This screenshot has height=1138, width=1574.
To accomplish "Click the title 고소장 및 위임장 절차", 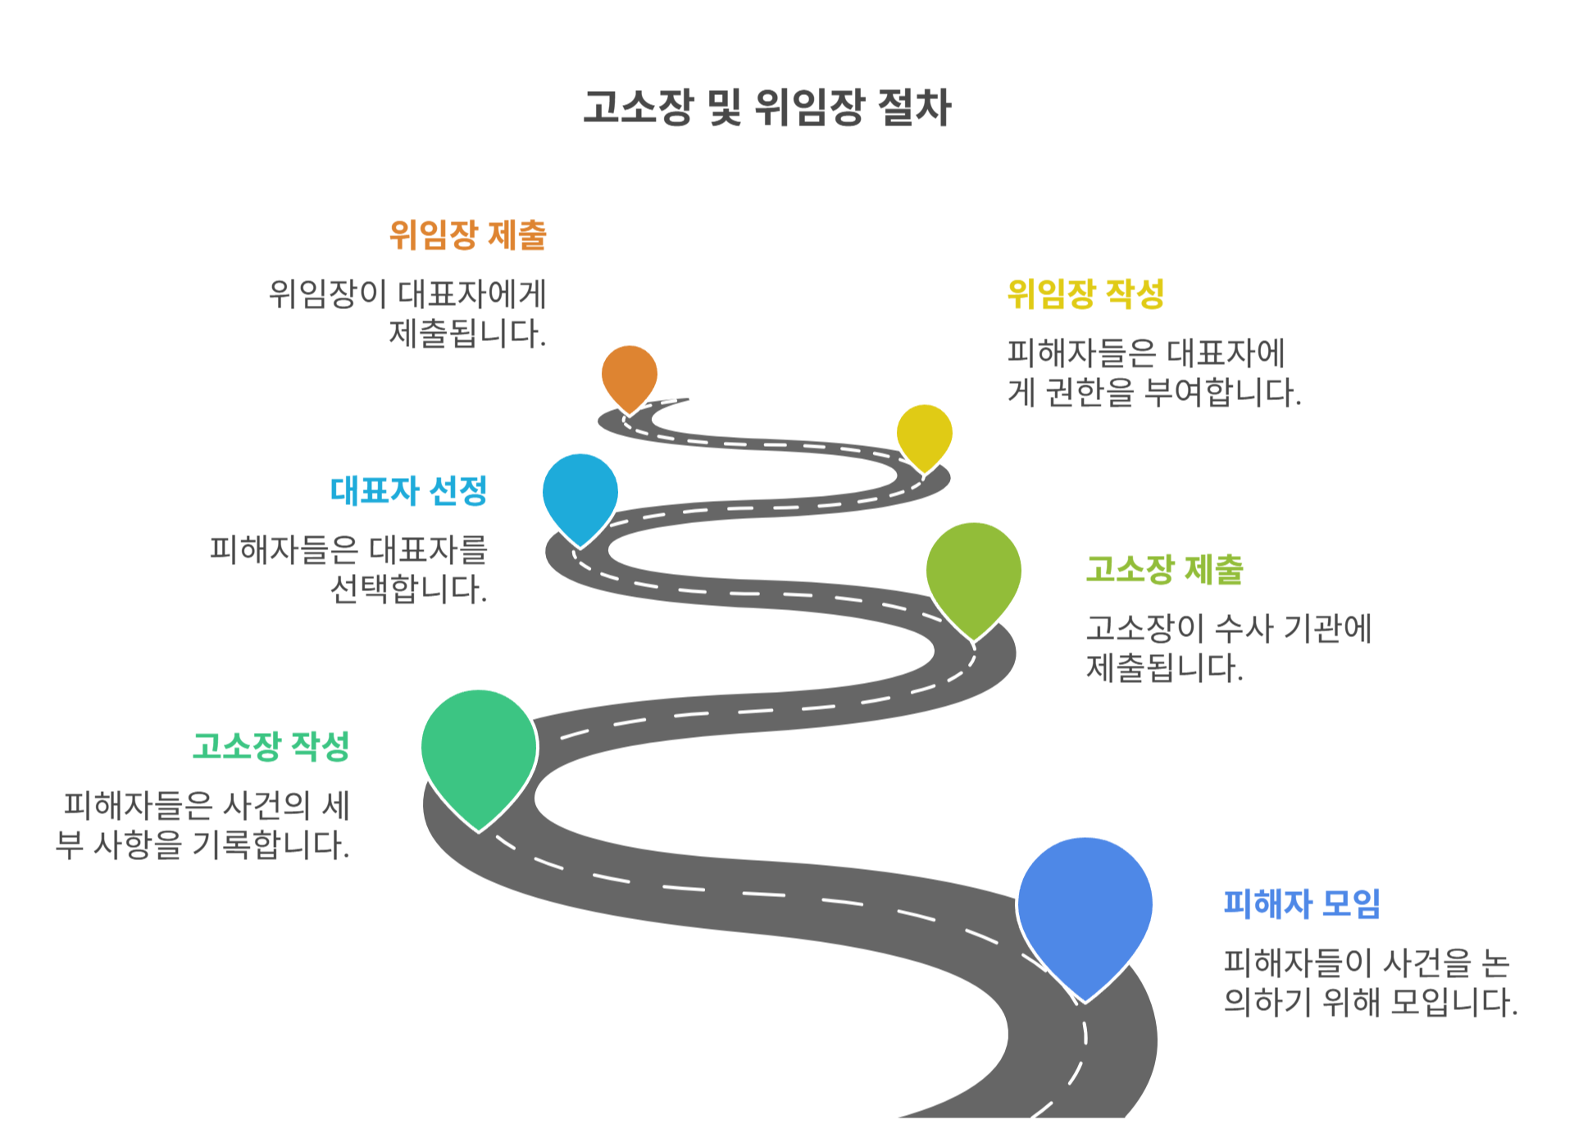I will click(767, 107).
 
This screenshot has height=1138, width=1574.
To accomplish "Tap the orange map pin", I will click(629, 375).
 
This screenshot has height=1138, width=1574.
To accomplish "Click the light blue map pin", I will click(580, 493).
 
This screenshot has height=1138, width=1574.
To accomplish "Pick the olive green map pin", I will click(973, 573).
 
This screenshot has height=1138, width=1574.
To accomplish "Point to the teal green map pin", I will click(479, 750).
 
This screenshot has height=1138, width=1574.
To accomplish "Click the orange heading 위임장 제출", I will click(467, 235).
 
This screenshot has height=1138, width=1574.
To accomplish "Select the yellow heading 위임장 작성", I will click(1085, 294).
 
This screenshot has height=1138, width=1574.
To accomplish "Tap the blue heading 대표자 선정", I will click(408, 491).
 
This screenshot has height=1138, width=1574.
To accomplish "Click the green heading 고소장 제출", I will click(1164, 570).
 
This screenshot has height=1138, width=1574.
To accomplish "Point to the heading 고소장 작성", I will click(271, 747).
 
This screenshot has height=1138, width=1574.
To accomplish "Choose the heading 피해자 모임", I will click(1302, 904).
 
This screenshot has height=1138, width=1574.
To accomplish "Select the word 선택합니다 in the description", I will click(407, 589).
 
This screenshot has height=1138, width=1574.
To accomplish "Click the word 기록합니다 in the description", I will click(271, 845).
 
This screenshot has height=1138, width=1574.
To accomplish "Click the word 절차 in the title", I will click(914, 107).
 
